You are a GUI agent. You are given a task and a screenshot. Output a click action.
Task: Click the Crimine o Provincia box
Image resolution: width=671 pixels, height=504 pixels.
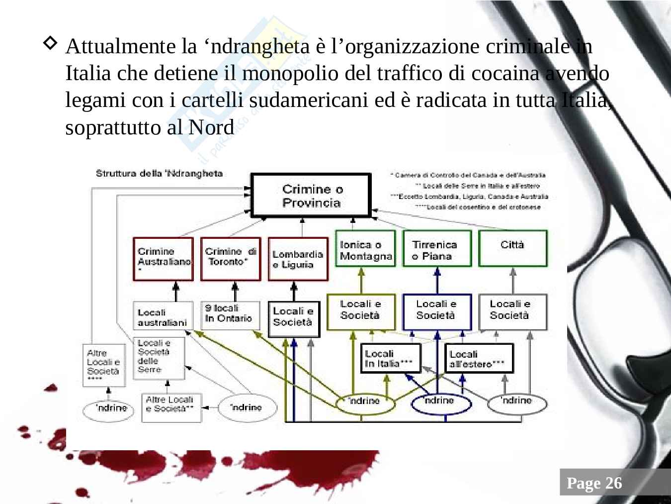coord(311,196)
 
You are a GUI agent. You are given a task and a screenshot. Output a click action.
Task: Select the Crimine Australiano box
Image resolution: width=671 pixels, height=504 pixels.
coord(163,259)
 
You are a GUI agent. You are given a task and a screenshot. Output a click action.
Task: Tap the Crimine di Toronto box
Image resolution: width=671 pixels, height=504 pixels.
coord(231,259)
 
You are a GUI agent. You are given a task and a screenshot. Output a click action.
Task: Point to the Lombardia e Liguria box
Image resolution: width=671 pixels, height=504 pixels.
coord(298,259)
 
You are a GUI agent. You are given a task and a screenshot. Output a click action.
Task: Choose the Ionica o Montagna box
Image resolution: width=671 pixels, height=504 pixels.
coord(365,249)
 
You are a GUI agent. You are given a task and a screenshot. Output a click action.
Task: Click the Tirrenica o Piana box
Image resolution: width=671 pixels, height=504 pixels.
coord(437,249)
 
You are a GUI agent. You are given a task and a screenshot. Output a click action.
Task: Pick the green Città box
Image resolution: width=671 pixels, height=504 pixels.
coord(512,249)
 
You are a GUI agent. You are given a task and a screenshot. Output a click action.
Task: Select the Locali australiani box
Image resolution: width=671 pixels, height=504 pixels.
coord(163,316)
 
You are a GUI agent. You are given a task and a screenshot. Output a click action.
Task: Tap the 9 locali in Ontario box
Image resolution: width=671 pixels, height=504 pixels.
coord(230,315)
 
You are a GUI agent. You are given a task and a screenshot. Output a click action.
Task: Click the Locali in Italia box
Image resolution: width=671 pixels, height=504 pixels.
coord(390,358)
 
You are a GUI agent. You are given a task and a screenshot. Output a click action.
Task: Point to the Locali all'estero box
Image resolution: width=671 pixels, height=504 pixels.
coord(478,359)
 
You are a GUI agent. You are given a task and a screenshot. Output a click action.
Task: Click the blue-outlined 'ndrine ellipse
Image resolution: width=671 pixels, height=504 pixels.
coord(440,403)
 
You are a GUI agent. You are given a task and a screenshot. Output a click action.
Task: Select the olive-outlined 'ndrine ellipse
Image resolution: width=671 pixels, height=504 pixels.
coord(365,403)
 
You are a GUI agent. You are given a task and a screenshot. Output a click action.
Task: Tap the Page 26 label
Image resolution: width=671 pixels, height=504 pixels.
coord(594,483)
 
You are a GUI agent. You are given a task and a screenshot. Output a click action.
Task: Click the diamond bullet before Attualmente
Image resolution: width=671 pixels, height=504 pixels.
coord(51,43)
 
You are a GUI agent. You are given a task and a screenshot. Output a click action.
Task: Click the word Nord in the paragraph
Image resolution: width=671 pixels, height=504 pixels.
coord(211,127)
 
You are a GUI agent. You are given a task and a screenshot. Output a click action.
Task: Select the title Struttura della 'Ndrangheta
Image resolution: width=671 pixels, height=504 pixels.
coord(159,174)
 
